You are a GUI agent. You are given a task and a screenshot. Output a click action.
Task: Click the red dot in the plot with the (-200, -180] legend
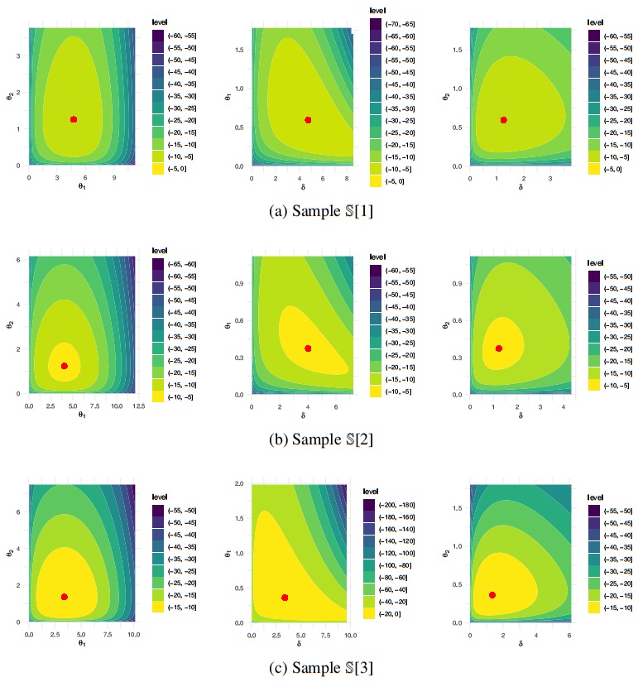pos(285,598)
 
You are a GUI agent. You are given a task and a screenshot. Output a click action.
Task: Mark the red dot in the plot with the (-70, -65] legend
pos(308,120)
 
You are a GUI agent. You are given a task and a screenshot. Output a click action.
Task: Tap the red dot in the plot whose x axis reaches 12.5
pos(65,366)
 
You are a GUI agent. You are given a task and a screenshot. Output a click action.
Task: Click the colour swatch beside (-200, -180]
pos(370,503)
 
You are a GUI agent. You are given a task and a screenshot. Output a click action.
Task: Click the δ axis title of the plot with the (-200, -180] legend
pos(298,644)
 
